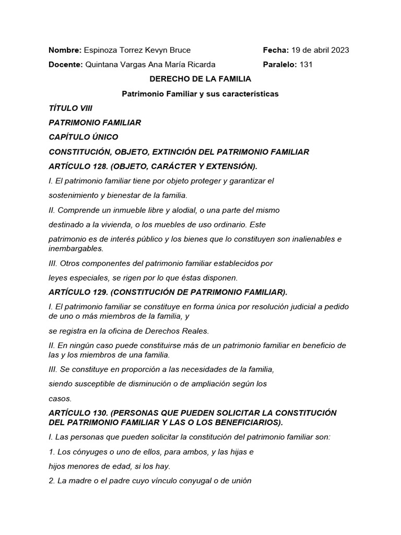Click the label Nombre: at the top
click(65, 50)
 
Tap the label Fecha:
click(276, 50)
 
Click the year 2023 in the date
click(339, 50)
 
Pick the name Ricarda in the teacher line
click(202, 65)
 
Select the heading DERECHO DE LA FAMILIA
click(200, 79)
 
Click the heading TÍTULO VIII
click(70, 108)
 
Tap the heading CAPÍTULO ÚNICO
click(84, 137)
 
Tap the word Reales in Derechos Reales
click(196, 331)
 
